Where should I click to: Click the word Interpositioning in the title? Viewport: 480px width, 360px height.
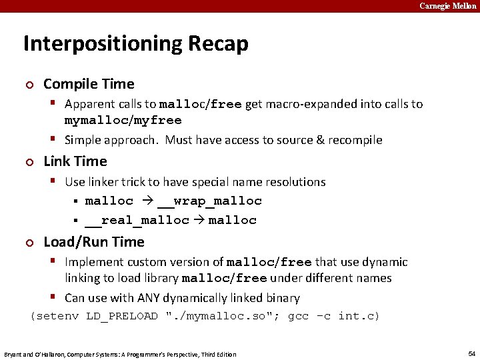pyautogui.click(x=97, y=44)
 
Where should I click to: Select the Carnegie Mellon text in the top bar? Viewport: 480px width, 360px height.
pyautogui.click(x=447, y=6)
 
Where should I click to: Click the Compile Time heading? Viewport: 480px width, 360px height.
pyautogui.click(x=89, y=84)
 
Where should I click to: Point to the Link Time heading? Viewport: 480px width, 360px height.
pyautogui.click(x=75, y=161)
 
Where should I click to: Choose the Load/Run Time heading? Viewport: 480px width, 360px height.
pyautogui.click(x=93, y=242)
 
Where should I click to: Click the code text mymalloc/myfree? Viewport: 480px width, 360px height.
pyautogui.click(x=123, y=121)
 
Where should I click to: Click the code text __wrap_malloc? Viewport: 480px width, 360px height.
pyautogui.click(x=209, y=201)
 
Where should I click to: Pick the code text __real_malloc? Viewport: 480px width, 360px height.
pyautogui.click(x=137, y=221)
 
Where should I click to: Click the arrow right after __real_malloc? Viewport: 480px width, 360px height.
pyautogui.click(x=199, y=221)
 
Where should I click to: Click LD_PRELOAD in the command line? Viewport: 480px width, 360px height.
pyautogui.click(x=122, y=316)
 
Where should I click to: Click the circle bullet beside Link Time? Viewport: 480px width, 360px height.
pyautogui.click(x=28, y=162)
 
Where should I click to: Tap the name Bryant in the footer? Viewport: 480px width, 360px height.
pyautogui.click(x=14, y=354)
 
